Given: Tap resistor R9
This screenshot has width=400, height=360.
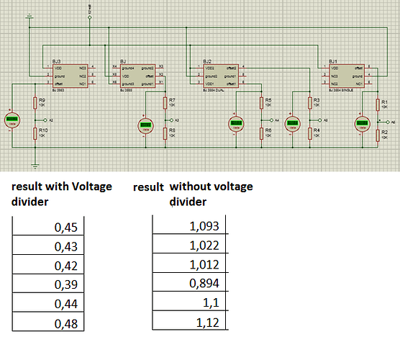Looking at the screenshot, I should click(34, 103).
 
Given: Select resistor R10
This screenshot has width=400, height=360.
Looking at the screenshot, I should click(34, 132).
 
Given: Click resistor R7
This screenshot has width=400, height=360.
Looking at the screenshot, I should click(165, 102).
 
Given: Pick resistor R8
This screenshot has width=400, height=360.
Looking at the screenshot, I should click(165, 132).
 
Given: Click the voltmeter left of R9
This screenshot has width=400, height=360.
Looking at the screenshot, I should click(12, 120).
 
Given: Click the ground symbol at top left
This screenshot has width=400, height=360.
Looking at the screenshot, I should click(29, 16).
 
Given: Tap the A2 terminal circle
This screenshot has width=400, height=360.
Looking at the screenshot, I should click(45, 119).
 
